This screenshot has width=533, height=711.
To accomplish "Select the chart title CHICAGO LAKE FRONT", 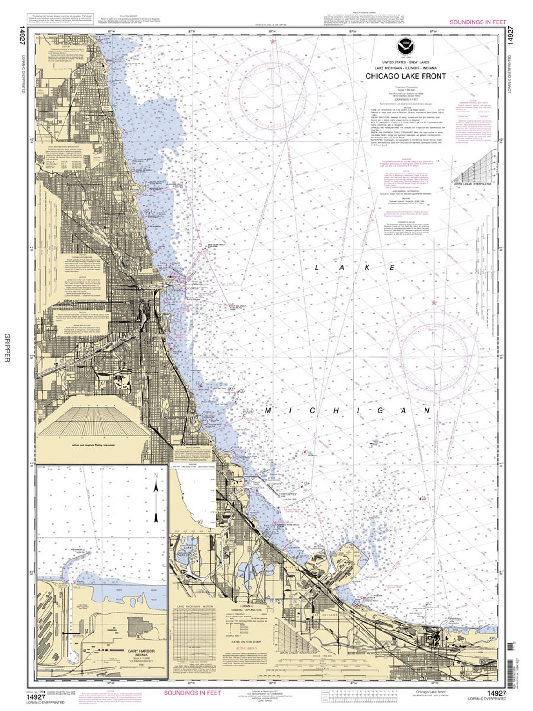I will [x=405, y=76].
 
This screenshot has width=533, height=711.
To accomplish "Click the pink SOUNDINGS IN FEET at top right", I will [x=477, y=22].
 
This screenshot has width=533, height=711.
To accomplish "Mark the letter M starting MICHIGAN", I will [x=269, y=411].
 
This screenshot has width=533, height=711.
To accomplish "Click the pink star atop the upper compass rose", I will [x=273, y=42].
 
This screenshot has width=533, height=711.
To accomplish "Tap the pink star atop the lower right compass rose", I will [x=434, y=303].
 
